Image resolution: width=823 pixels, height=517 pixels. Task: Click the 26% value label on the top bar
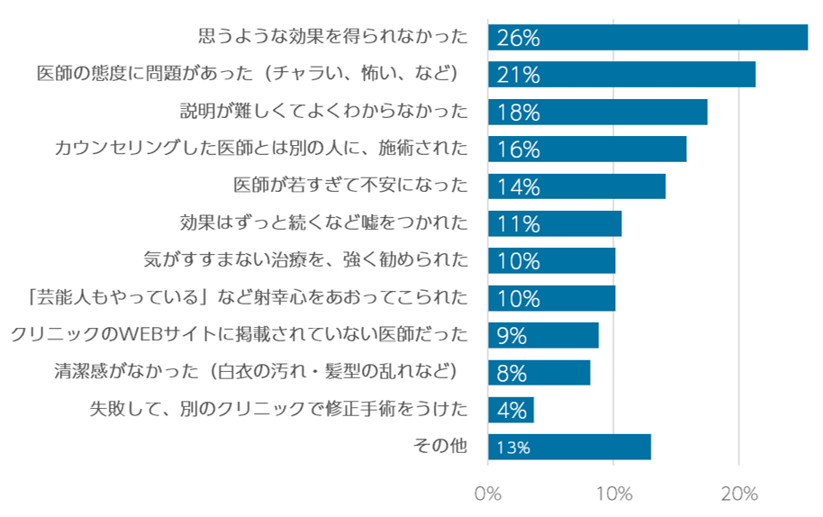518,38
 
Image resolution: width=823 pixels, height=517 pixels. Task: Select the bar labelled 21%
621,75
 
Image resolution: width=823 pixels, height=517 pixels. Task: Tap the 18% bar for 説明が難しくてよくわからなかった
597,112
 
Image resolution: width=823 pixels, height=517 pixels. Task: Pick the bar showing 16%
587,150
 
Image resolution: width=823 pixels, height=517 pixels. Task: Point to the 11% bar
555,223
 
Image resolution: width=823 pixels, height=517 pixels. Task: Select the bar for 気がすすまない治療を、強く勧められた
551,261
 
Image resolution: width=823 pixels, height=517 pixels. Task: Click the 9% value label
511,335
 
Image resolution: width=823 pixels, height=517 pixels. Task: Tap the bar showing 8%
538,373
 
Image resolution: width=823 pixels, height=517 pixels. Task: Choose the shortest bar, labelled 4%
511,410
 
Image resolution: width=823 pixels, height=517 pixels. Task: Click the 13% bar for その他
569,447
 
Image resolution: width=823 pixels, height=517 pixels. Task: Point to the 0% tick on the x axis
487,494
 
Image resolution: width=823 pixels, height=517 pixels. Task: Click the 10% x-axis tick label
613,494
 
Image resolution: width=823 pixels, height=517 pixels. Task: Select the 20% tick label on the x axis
738,494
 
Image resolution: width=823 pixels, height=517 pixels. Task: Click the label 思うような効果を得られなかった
333,37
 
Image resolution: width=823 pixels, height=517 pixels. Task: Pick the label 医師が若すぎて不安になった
351,186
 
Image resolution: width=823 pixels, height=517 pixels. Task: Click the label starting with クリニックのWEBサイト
240,334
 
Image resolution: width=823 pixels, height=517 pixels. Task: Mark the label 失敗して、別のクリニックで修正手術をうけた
279,409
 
